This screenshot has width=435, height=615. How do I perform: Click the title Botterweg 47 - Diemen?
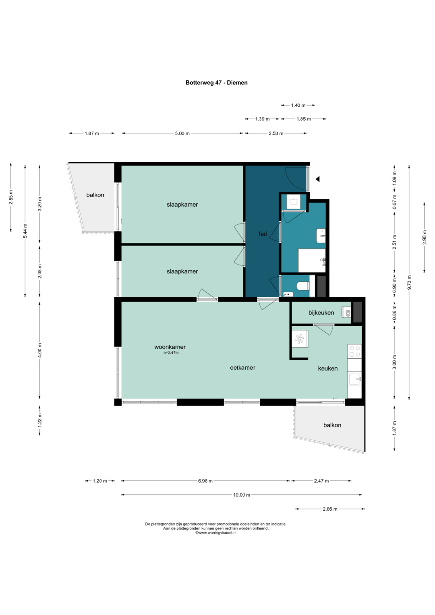click(x=216, y=83)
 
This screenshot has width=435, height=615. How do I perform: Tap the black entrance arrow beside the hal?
click(x=317, y=179)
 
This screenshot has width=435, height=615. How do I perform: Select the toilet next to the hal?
click(x=303, y=286)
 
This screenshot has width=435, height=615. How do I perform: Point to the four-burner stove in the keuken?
click(x=354, y=351)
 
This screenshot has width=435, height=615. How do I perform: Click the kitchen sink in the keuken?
click(x=355, y=379)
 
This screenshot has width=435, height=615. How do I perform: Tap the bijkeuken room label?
click(x=321, y=313)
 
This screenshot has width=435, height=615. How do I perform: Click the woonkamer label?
click(x=170, y=347)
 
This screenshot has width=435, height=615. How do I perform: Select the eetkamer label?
click(x=242, y=368)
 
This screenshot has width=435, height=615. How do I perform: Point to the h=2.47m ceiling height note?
click(x=171, y=353)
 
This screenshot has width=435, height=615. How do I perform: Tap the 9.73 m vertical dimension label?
click(x=409, y=282)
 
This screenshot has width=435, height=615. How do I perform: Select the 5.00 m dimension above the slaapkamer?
click(x=182, y=133)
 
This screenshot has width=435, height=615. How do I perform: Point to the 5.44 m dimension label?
click(x=25, y=231)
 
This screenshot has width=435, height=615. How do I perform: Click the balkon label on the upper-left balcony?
click(x=95, y=195)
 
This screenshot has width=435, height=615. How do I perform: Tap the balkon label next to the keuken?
click(x=332, y=425)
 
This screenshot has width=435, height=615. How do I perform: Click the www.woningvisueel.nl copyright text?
click(x=215, y=532)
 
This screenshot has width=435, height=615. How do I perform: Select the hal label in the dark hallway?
click(x=263, y=234)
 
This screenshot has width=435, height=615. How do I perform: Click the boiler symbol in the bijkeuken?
click(x=346, y=313)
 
